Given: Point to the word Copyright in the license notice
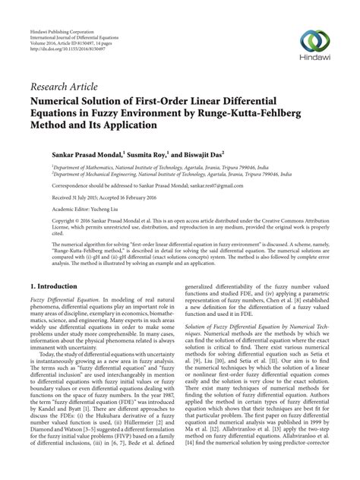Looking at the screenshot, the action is [44, 223].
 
